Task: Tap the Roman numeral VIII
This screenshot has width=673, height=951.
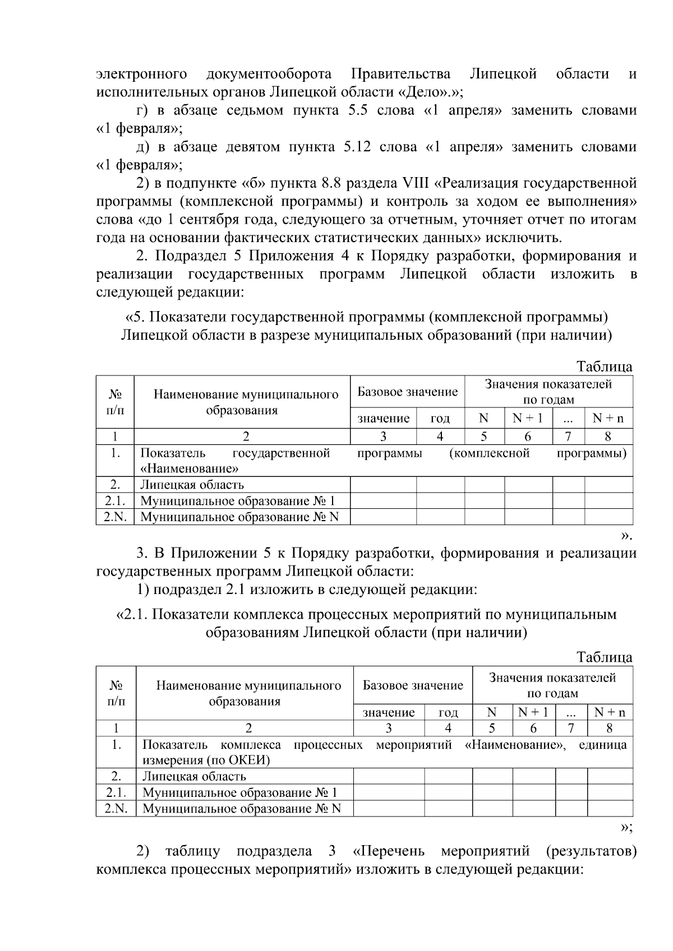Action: coord(416,183)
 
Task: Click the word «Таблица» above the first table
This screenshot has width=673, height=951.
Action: coord(605,367)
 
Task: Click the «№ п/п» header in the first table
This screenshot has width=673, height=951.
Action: coord(115,402)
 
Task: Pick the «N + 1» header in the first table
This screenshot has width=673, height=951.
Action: coord(528,418)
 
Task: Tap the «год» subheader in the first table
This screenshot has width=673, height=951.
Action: coord(440,418)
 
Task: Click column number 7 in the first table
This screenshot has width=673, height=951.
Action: coord(568,436)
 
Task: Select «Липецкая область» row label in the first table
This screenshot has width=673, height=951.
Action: coord(192,485)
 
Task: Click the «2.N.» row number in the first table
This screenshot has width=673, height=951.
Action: coord(115,517)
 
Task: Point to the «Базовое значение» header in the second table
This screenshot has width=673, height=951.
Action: coord(413,685)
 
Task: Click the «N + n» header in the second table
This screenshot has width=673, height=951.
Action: coord(610,712)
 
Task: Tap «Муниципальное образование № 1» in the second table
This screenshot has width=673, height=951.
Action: coord(240,792)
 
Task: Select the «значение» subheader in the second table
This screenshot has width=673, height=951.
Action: coord(389,712)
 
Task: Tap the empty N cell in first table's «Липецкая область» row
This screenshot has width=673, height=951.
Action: coord(484,485)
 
